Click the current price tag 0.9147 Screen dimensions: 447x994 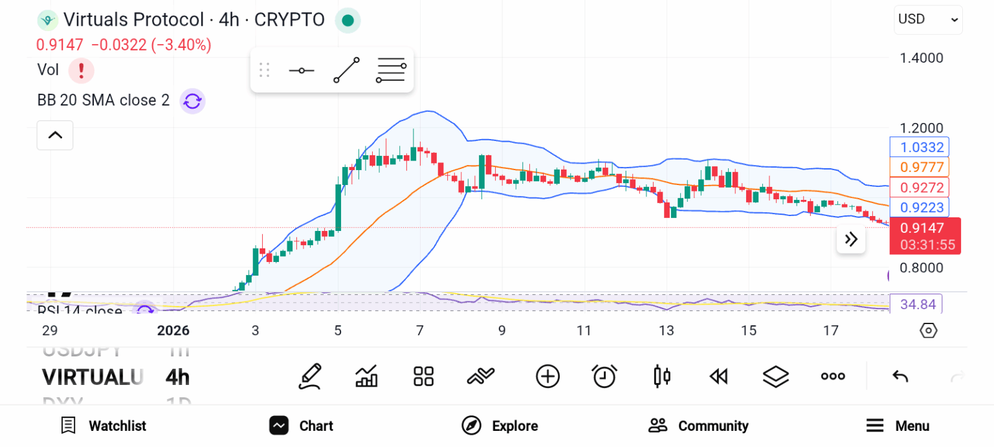point(925,228)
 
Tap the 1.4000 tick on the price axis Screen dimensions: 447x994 point(922,58)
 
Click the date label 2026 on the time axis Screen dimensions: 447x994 point(173,331)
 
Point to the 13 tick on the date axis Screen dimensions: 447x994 point(666,331)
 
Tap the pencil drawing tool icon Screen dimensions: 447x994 point(310,376)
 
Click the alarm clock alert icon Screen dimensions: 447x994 point(604,376)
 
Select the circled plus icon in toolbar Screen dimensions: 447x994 point(547,376)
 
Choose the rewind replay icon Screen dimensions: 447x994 point(718,376)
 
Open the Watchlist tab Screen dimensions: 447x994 point(104,426)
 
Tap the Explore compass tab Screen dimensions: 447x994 point(499,426)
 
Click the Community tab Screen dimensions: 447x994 point(698,426)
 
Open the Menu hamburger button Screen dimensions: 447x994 point(898,426)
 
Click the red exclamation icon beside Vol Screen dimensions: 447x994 point(82,70)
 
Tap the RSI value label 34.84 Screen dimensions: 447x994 point(916,304)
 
